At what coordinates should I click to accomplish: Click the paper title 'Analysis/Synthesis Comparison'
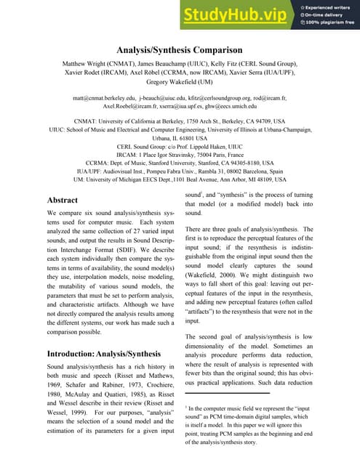[180, 50]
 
